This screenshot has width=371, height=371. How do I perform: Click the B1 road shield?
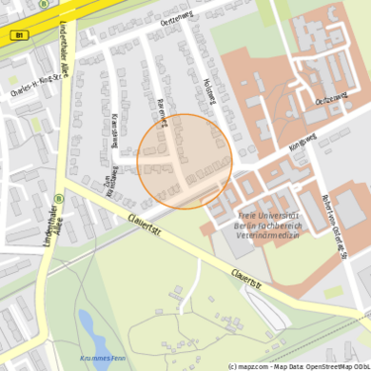click(19, 35)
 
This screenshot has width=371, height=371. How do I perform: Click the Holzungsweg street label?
click(209, 94)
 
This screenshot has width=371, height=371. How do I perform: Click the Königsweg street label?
click(301, 140)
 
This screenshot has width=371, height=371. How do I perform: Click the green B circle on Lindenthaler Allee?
click(58, 197)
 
